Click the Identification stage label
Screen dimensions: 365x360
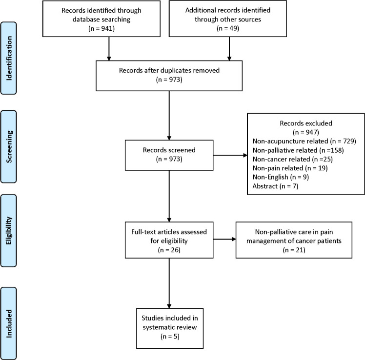point(9,58)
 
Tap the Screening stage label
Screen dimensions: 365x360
point(9,147)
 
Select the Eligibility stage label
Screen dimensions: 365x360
point(9,231)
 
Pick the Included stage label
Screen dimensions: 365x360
point(9,323)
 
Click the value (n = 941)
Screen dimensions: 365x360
point(101,28)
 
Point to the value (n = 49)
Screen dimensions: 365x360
point(228,28)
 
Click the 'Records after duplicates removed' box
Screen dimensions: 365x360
point(169,76)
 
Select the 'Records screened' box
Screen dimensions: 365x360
point(169,155)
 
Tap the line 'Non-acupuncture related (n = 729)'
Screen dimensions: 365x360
point(304,141)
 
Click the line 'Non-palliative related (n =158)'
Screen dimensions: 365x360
point(298,150)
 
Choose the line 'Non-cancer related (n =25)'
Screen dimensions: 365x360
point(293,159)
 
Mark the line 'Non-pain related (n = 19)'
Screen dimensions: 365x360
point(290,168)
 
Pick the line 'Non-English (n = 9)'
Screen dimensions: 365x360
point(281,177)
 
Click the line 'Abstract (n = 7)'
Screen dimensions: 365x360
point(275,186)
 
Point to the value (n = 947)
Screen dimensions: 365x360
point(306,132)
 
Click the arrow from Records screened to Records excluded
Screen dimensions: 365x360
point(230,155)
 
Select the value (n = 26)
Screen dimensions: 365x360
point(169,250)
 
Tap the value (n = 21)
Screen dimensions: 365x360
point(294,250)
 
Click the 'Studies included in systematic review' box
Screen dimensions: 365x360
point(170,328)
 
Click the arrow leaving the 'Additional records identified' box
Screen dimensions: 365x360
point(229,49)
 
